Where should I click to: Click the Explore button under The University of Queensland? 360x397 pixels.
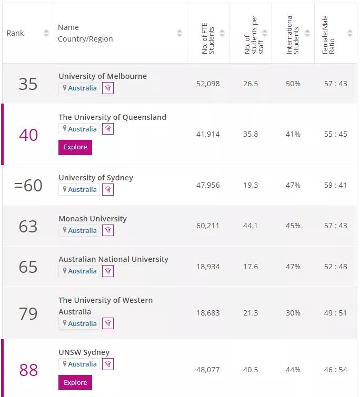[x=75, y=147]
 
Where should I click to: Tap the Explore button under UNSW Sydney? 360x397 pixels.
[x=75, y=382]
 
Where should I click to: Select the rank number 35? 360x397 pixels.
[x=28, y=84]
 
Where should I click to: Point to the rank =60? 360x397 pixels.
[x=28, y=185]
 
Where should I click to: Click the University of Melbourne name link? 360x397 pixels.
[x=103, y=76]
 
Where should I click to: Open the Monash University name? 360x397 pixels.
[x=93, y=219]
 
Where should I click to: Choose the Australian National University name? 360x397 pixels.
[x=113, y=259]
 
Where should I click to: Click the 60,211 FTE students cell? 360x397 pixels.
[x=208, y=226]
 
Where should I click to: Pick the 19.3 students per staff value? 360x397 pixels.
[x=251, y=185]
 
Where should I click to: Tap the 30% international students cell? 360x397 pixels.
[x=293, y=313]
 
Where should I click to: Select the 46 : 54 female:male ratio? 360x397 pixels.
[x=336, y=370]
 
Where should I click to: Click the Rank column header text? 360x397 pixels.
[x=15, y=33]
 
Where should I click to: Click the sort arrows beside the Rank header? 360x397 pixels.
[x=46, y=33]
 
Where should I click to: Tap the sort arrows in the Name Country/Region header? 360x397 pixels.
[x=179, y=33]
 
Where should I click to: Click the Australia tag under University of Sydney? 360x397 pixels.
[x=79, y=189]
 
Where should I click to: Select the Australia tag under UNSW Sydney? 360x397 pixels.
[x=79, y=364]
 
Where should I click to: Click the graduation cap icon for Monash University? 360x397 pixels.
[x=108, y=230]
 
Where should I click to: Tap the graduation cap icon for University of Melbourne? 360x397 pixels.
[x=108, y=88]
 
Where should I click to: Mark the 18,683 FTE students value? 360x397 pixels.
[x=208, y=313]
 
